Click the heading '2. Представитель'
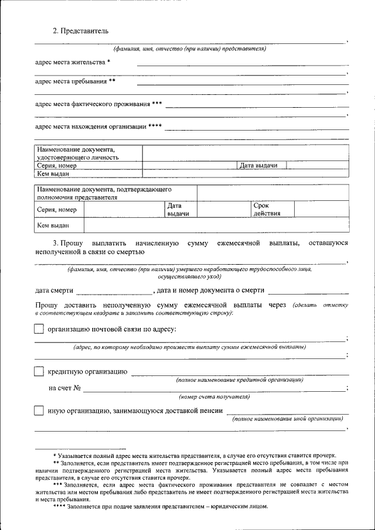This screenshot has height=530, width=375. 80,30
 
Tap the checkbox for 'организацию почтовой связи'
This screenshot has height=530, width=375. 39,329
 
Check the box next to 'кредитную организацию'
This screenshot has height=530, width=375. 39,371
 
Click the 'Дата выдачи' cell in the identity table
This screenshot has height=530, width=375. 258,166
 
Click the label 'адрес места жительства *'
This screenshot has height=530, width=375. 73,62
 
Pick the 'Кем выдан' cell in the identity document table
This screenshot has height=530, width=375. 54,174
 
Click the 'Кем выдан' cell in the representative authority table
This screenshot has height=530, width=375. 53,225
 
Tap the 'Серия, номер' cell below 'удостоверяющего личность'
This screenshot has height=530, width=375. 57,166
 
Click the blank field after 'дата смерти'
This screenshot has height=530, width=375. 113,290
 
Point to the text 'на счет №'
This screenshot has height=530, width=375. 64,388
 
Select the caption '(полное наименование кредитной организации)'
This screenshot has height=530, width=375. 239,380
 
